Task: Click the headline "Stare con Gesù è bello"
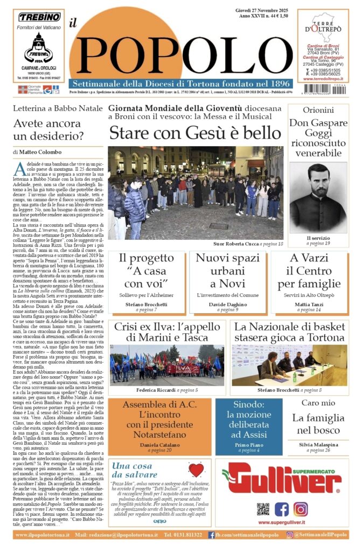195,133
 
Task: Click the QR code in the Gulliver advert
263,509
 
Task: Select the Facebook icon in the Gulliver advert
282,509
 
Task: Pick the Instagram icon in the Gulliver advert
301,509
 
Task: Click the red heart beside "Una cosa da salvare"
196,470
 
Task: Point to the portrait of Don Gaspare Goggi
318,197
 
